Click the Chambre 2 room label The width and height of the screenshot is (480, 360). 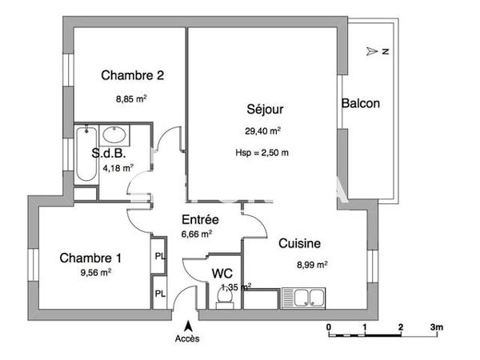(133, 76)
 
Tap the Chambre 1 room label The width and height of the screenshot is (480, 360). (90, 258)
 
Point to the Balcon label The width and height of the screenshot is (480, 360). (360, 103)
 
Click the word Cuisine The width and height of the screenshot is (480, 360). (300, 244)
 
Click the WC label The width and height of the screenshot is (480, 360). (222, 273)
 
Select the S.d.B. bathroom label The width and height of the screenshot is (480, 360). (108, 153)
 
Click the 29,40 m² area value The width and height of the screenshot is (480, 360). (262, 131)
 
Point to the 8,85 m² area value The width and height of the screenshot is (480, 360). (131, 99)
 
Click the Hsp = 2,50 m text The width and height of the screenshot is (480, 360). (262, 153)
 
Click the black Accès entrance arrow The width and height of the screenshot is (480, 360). (188, 325)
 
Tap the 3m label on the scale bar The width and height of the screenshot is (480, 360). (437, 327)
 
